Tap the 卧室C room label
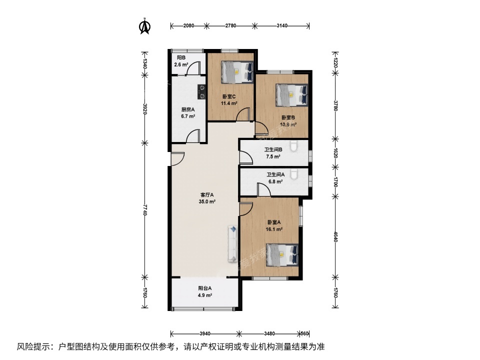(229, 96)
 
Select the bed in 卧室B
(291, 94)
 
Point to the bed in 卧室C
(236, 72)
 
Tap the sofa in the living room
(233, 243)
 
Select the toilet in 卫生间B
(295, 146)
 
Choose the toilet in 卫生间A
(295, 173)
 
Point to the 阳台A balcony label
(205, 288)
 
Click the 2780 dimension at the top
(230, 25)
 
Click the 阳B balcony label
(178, 57)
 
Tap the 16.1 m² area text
(274, 229)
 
